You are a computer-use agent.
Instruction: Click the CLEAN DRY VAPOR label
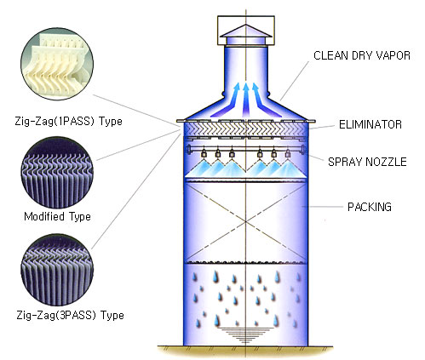click(x=362, y=55)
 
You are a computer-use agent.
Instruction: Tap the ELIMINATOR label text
click(x=370, y=124)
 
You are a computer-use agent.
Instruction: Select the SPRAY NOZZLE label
click(x=367, y=162)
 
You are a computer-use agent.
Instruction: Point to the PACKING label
click(x=370, y=207)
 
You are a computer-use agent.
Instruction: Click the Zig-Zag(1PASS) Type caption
click(x=69, y=122)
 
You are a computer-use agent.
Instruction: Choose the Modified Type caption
click(x=57, y=216)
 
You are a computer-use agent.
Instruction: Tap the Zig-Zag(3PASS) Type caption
click(x=70, y=315)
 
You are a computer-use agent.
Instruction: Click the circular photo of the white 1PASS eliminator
click(x=57, y=64)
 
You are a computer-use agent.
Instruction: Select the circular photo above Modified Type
click(x=57, y=173)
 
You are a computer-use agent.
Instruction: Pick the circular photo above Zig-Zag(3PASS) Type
click(x=57, y=270)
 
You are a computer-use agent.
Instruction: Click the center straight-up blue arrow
click(x=246, y=100)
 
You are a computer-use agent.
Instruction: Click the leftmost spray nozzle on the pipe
click(x=204, y=153)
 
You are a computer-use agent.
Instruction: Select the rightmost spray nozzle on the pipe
click(x=288, y=153)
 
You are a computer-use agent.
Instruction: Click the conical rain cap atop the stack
click(x=246, y=31)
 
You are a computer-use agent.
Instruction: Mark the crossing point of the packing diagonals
click(x=246, y=223)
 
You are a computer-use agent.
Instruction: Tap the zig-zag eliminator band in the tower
click(x=246, y=129)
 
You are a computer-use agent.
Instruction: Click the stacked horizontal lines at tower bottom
click(x=245, y=335)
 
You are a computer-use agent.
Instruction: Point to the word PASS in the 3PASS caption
click(x=80, y=315)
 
